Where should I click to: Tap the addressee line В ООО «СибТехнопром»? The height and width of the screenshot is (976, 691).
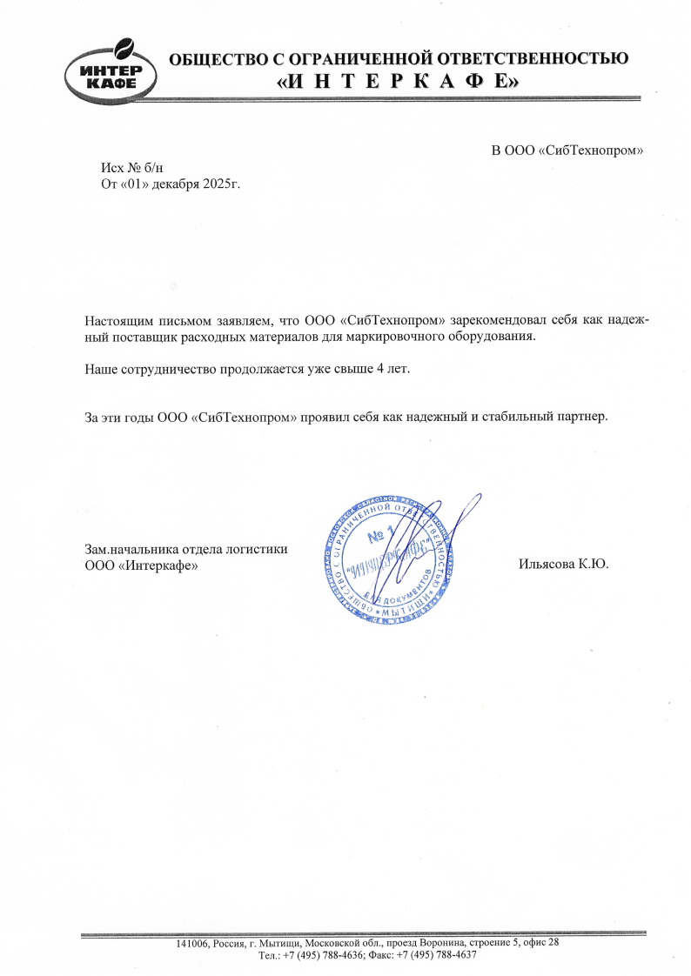567,150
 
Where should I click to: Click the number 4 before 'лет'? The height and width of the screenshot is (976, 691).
379,369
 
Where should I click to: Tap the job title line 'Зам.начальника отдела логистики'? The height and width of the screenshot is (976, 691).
185,548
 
